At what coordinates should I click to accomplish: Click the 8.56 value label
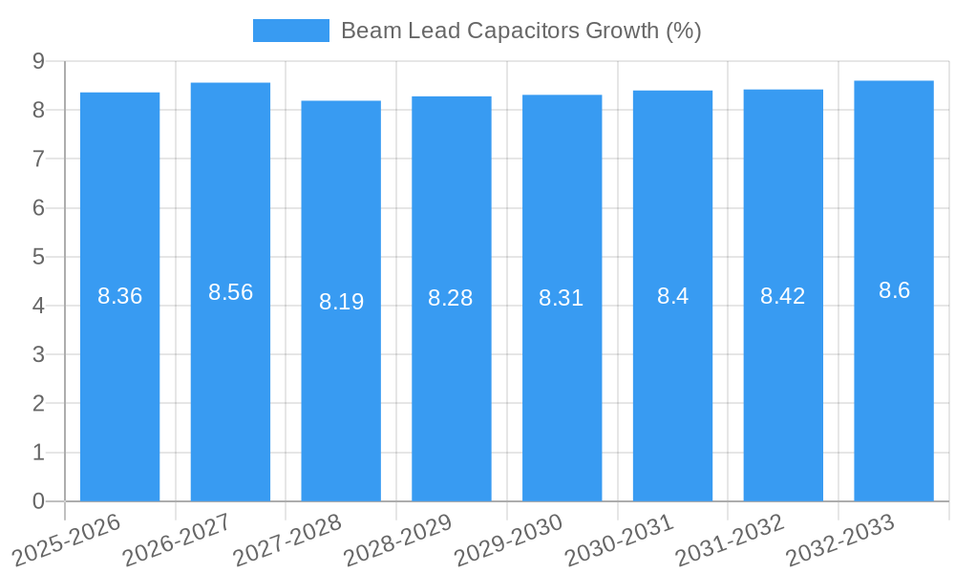pos(231,292)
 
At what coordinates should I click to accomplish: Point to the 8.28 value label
pos(451,298)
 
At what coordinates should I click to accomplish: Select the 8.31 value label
pos(562,298)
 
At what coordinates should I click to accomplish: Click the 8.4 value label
pos(672,296)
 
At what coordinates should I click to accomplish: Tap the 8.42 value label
pos(783,296)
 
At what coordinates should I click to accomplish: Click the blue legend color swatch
pos(290,31)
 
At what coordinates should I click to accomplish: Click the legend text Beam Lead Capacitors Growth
pos(520,31)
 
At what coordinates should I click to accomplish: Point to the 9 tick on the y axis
pos(39,61)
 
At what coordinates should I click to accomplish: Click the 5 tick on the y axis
pos(39,257)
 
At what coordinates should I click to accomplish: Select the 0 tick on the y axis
pos(39,501)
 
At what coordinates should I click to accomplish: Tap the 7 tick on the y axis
pos(39,159)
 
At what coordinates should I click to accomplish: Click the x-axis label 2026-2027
pos(176,541)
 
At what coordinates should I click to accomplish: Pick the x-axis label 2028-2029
pos(396,541)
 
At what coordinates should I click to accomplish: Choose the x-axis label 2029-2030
pos(507,541)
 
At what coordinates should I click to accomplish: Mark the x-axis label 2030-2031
pos(618,541)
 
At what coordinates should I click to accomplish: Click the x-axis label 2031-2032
pos(729,541)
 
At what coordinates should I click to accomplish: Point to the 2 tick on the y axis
pos(39,403)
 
